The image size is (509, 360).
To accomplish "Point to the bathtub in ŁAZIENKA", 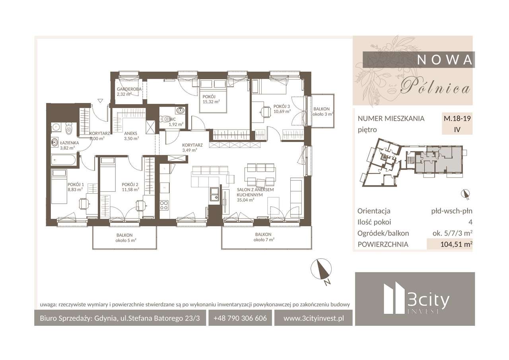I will point(64,161).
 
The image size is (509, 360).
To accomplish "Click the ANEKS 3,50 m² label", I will point(131,136).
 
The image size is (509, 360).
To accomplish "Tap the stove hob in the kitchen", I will point(164,205).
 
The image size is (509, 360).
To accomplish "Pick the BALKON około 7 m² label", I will point(263,237).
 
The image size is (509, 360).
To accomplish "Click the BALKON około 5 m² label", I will point(124,237).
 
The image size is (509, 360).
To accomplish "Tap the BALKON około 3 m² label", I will point(321,111).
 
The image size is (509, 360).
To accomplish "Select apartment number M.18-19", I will point(457,118).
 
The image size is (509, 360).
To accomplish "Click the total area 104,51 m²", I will point(456,244).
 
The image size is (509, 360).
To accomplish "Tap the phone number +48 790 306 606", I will point(240,318).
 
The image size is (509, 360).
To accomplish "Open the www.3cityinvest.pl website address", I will point(314,318).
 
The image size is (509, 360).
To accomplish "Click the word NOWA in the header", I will point(445,59).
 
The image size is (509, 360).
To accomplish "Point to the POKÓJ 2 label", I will point(130,187).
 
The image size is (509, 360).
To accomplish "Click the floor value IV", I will point(457,129).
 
